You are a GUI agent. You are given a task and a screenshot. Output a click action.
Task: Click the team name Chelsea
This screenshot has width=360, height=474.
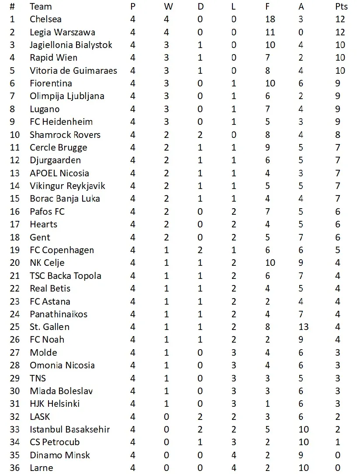point(45,19)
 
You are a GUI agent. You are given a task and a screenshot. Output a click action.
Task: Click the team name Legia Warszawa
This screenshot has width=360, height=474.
point(62,32)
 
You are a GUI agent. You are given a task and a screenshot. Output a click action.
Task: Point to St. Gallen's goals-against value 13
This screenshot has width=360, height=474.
point(304,327)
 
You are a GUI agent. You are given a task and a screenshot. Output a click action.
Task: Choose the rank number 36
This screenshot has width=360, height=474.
point(14,467)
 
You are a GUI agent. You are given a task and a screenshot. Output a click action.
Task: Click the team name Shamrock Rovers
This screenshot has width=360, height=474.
point(65,135)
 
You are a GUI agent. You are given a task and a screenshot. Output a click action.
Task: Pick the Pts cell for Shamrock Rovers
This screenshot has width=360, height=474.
point(338,135)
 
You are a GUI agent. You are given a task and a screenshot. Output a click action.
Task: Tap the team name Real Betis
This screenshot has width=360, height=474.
point(50,289)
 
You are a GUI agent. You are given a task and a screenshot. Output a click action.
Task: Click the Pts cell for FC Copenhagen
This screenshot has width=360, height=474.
point(338,250)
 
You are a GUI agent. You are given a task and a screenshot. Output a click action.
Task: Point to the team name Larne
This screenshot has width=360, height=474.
point(42,467)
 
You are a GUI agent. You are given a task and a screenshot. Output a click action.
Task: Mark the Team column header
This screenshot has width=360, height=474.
point(41,7)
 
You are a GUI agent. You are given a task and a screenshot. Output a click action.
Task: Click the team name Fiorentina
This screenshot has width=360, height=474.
point(51,83)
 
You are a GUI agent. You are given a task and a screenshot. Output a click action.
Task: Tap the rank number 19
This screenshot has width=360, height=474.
point(14,250)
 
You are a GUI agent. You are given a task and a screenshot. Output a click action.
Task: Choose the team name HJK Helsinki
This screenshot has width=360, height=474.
point(55,404)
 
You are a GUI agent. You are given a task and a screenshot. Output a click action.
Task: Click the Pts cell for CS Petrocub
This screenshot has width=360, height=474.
point(338,442)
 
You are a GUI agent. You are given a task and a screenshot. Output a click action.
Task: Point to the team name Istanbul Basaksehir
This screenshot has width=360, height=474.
point(69,429)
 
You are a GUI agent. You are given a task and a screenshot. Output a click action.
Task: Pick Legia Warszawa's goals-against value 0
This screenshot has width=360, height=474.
point(301,32)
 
